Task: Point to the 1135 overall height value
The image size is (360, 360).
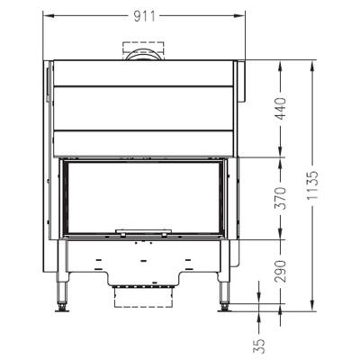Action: point(312,185)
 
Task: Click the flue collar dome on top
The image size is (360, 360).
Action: point(144,55)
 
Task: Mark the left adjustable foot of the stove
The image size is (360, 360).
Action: point(63,307)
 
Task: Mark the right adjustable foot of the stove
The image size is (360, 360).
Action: point(224,307)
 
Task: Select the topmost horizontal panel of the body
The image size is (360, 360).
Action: point(144,73)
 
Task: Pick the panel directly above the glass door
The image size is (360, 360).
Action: point(144,142)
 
